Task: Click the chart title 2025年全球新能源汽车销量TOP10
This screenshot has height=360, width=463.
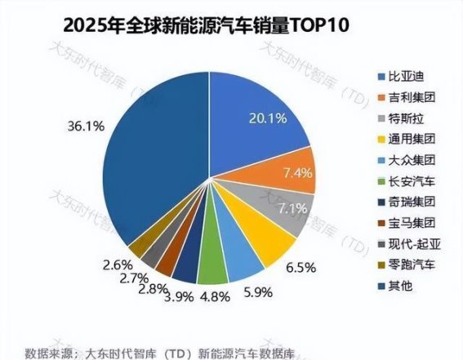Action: [176, 24]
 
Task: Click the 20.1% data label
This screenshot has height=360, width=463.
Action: [268, 119]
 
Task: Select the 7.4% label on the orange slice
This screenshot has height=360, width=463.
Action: [292, 173]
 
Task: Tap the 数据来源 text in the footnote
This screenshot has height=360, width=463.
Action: [50, 352]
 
